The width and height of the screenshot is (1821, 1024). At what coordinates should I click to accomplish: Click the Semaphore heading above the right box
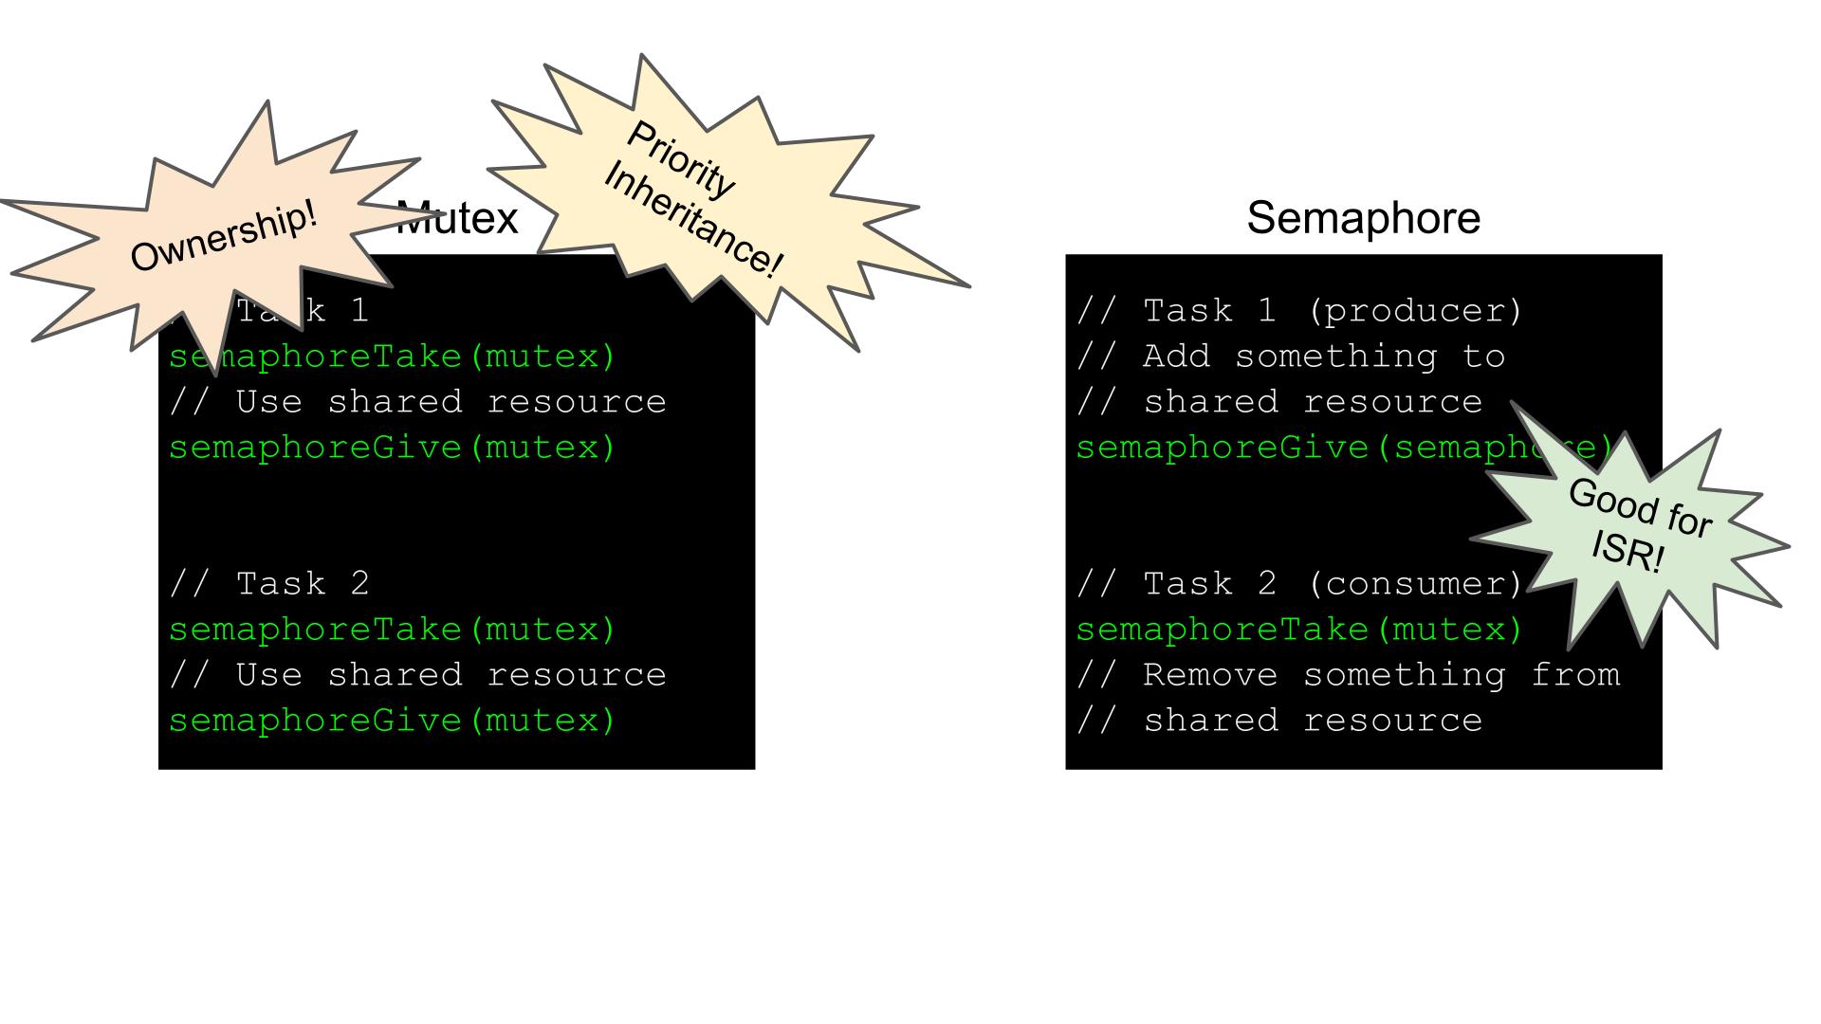tap(1363, 218)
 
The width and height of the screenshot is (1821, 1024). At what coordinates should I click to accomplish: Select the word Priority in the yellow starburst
tap(680, 160)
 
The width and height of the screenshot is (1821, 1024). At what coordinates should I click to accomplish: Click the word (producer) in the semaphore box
tap(1414, 311)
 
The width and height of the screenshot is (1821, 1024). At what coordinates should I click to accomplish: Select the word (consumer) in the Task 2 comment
tap(1414, 584)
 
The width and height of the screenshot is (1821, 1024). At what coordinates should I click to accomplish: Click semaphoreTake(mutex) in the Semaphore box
tap(1298, 630)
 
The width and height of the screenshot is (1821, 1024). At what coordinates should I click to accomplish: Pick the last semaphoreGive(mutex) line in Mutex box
tap(393, 721)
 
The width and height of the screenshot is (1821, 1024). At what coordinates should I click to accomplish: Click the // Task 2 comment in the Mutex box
tap(269, 584)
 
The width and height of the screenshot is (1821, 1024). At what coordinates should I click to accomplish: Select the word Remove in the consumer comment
tap(1210, 675)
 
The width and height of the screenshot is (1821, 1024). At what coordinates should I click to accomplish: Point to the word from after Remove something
tap(1575, 675)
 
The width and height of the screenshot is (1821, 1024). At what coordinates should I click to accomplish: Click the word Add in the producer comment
tap(1177, 357)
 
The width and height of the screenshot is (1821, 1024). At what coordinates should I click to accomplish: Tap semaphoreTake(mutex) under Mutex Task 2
tap(393, 630)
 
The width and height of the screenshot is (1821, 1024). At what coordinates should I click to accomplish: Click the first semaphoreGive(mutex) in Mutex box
tap(393, 448)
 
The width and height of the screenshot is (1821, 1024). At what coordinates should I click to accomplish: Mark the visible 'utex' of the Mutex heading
tap(470, 220)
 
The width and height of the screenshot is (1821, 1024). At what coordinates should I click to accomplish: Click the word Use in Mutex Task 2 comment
tap(269, 675)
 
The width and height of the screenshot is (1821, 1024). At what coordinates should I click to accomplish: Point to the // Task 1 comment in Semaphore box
tap(1176, 311)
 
